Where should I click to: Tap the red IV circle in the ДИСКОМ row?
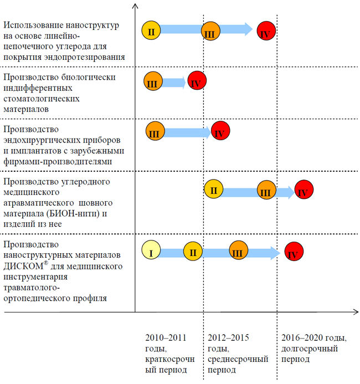[x=294, y=253]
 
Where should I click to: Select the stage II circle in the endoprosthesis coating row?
[x=151, y=31]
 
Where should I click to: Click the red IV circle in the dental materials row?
[x=196, y=83]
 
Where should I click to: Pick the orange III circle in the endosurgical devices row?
[x=155, y=132]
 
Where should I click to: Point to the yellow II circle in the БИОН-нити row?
[x=214, y=190]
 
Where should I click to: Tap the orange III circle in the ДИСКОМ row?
[x=238, y=252]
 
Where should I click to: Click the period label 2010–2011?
[x=166, y=338]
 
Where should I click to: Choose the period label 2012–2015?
[x=229, y=338]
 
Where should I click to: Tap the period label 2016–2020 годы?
[x=313, y=338]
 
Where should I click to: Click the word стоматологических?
[x=42, y=98]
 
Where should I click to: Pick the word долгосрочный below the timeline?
[x=313, y=349]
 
